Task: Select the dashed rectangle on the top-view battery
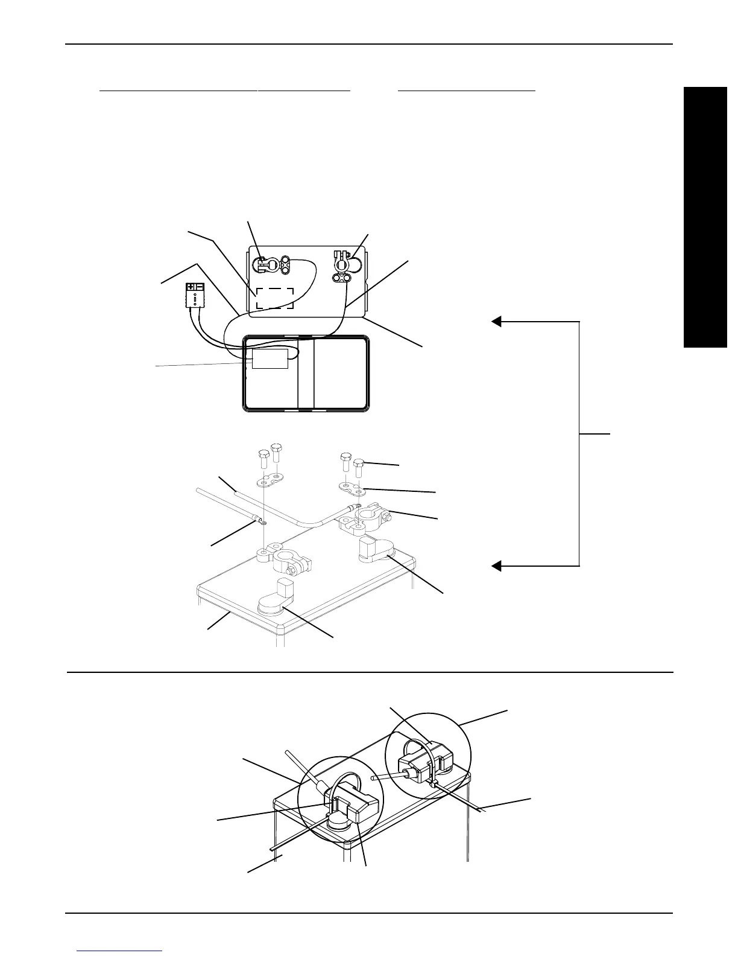pos(275,298)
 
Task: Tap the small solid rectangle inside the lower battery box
pos(270,358)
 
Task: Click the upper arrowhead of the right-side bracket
pos(496,321)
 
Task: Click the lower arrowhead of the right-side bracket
pos(496,566)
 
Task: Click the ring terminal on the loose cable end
pos(260,519)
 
